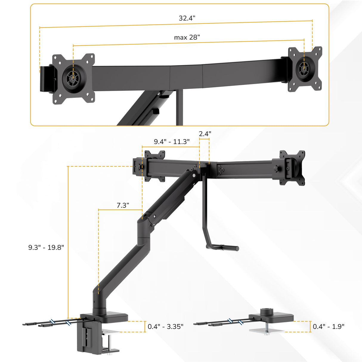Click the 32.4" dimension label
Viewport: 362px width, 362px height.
pos(187,18)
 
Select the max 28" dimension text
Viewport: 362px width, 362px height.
pos(187,38)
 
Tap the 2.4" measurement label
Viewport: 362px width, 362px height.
pos(205,134)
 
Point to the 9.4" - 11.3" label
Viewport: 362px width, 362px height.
pos(171,142)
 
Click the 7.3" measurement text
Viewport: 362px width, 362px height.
pos(123,205)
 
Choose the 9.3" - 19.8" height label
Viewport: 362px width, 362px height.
pos(46,247)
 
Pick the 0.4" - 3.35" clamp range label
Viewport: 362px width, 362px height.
pos(165,327)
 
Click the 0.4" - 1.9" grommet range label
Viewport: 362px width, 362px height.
pos(328,327)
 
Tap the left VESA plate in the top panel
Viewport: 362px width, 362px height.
pos(73,79)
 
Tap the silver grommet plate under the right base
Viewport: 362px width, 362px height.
pos(266,331)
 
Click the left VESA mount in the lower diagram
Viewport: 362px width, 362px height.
pos(154,166)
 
